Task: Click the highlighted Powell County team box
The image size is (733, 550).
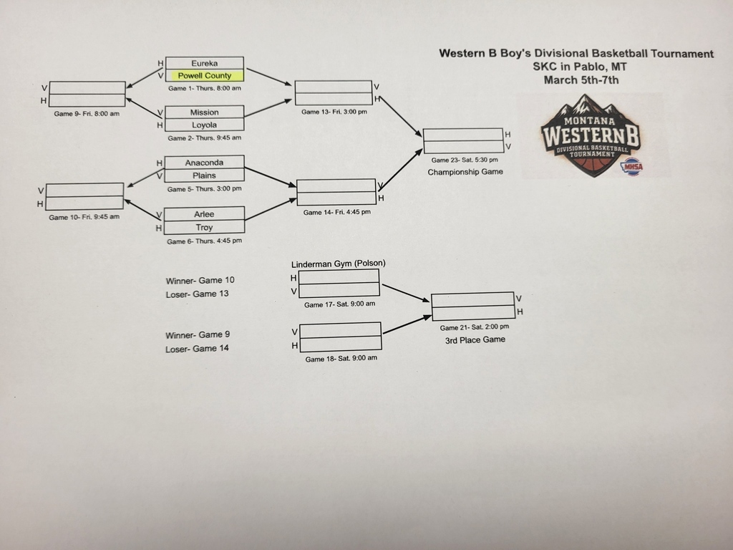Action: pos(205,75)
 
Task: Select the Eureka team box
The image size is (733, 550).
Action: pos(205,63)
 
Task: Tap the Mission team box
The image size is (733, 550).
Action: pos(205,112)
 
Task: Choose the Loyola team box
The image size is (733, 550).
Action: pos(205,125)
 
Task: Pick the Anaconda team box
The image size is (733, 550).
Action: pos(205,163)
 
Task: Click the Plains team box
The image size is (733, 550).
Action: pos(205,175)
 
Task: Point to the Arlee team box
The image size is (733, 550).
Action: pos(205,214)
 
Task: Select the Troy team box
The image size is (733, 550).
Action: pos(205,227)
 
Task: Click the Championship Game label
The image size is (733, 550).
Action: pos(465,172)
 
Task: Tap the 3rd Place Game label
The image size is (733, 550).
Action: pos(475,339)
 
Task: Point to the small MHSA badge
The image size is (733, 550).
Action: pos(631,167)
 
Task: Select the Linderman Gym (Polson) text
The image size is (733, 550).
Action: pos(339,264)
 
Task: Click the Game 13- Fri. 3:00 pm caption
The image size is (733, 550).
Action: pos(334,112)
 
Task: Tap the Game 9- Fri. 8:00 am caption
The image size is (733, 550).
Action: pos(87,114)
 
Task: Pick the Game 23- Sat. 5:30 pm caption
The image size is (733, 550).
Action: pos(465,160)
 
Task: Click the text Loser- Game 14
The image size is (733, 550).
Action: pos(197,349)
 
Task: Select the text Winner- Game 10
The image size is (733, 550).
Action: pos(200,280)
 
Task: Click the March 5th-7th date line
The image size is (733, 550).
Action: pos(581,79)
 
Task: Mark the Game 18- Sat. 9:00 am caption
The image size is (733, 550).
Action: pos(341,359)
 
